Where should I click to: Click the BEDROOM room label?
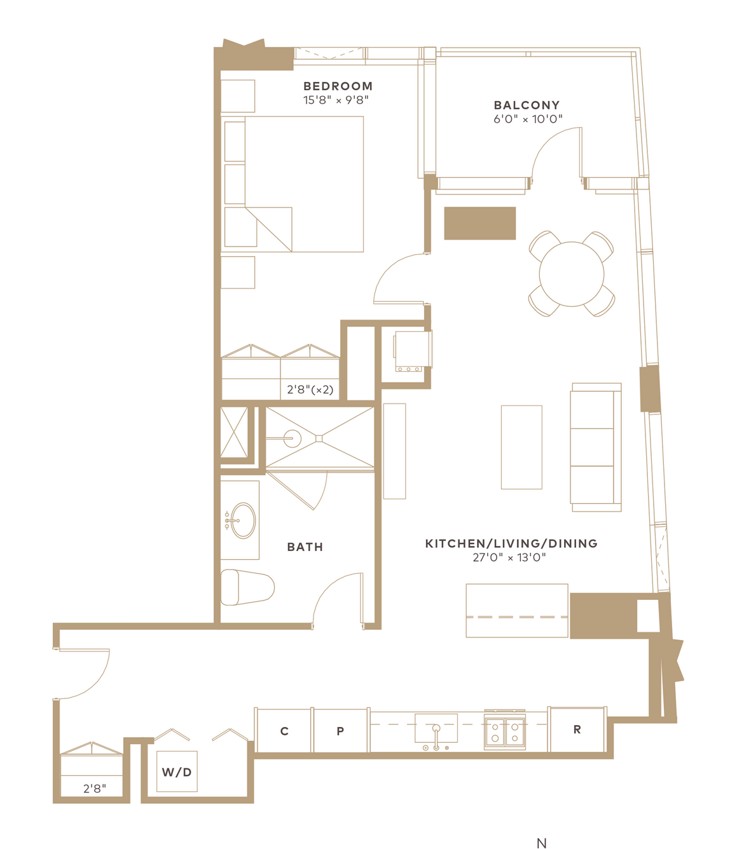(338, 86)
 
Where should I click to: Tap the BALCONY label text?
(527, 105)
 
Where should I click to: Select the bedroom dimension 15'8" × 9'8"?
(336, 100)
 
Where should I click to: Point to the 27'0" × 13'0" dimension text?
(509, 557)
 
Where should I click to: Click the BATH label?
(305, 547)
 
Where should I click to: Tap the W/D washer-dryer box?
(177, 771)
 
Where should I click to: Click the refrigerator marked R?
(577, 730)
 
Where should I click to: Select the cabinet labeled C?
(284, 730)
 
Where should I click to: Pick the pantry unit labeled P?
(340, 730)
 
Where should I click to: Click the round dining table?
(571, 274)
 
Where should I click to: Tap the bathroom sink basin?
(243, 520)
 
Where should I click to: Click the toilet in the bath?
(247, 588)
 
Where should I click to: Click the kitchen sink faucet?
(436, 737)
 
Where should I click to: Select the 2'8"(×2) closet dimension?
(310, 390)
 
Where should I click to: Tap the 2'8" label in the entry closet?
(95, 789)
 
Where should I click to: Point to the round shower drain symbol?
(293, 438)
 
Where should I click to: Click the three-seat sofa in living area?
(596, 447)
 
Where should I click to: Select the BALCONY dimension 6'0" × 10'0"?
(528, 119)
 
